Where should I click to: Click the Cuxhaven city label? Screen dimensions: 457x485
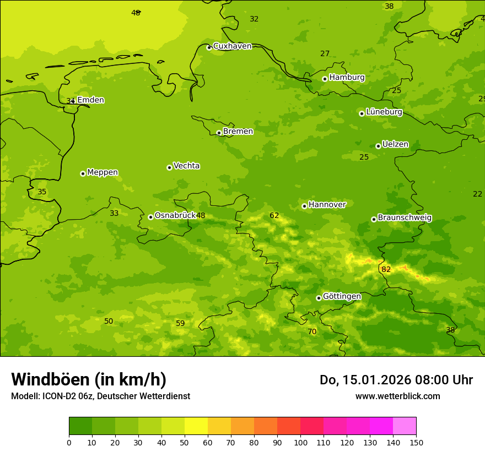point(232,46)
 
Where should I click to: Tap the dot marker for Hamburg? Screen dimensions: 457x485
point(325,79)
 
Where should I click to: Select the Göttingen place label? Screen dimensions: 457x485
point(342,296)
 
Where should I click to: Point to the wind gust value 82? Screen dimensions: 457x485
point(386,269)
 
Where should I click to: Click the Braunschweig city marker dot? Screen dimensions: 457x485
point(374,219)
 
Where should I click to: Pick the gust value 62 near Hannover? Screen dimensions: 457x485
point(274,215)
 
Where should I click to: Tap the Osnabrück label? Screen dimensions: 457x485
point(175,215)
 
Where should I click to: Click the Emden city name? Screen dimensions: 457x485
point(90,100)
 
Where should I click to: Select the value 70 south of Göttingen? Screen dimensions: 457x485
point(312,331)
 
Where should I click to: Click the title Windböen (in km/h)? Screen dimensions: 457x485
point(89,379)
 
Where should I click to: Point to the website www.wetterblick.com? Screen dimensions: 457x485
point(397,396)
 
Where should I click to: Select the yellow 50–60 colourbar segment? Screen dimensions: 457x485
point(196,426)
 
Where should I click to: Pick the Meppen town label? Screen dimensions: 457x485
point(103,172)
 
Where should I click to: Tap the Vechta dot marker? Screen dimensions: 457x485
point(169,167)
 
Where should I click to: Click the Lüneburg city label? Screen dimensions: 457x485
point(384,112)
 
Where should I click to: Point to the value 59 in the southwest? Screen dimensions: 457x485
point(180,323)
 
